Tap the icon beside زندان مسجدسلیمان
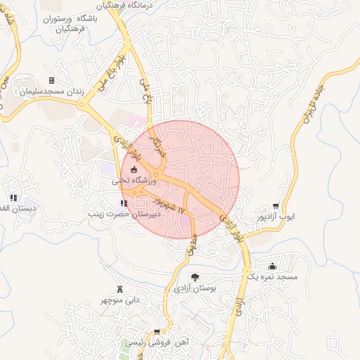[x=51, y=81]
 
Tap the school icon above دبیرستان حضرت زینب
[x=124, y=204]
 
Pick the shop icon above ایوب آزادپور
[x=285, y=206]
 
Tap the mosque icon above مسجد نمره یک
[x=273, y=266]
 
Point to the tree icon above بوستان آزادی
[x=195, y=278]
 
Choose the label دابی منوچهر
[x=121, y=300]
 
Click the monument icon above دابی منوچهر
[x=121, y=289]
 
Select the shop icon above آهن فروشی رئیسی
[x=157, y=332]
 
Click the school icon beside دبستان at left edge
[x=13, y=198]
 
